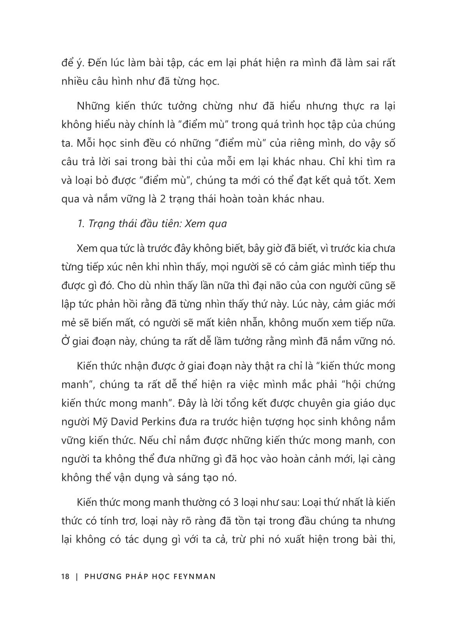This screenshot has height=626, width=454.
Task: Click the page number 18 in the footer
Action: coord(65,576)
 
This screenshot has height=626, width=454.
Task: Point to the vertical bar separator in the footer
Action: coord(77,576)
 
